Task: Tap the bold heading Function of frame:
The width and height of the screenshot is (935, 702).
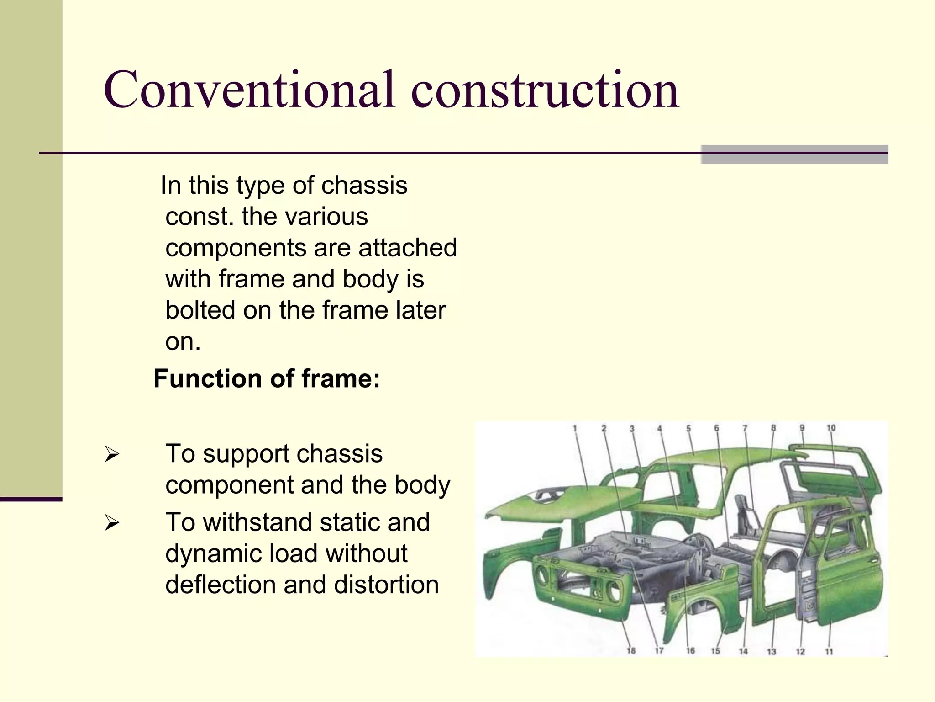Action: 267,379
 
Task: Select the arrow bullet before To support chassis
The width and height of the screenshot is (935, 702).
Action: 111,454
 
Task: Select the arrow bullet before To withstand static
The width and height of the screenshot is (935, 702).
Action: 111,523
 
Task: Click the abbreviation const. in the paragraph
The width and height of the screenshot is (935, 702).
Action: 199,217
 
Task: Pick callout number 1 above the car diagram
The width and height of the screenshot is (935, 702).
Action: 575,428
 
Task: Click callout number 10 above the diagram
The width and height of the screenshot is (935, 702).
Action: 831,428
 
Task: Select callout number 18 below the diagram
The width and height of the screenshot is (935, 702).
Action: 631,650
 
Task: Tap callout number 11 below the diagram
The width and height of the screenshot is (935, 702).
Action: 829,651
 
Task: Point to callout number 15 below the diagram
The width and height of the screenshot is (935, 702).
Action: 715,651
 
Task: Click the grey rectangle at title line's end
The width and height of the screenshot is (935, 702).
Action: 794,154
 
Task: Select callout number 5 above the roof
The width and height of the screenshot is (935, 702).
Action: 688,428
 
